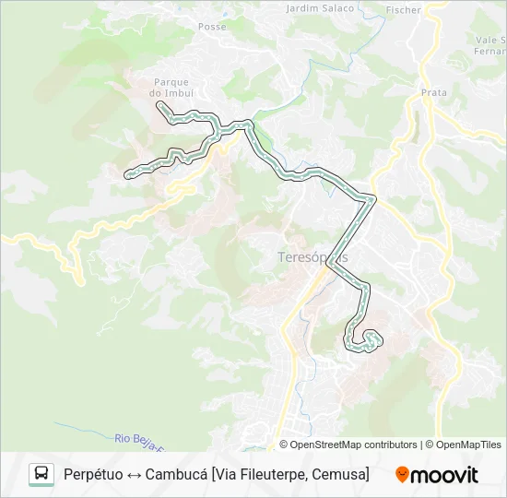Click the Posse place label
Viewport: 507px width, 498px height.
212,27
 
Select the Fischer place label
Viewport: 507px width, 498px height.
405,10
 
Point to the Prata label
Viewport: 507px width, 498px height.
433,93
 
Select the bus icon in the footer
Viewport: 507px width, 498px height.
41,474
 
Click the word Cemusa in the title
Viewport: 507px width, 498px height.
338,474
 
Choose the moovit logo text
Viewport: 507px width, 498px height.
444,475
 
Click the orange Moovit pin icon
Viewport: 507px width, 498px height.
402,475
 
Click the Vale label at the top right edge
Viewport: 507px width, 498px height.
491,41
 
